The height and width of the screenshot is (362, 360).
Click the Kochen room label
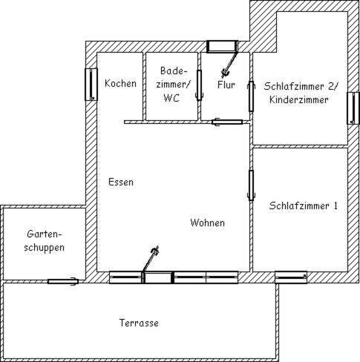point(120,83)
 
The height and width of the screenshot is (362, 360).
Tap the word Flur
point(226,85)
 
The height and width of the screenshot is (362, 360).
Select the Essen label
point(121,182)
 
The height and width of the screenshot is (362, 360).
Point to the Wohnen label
point(208,223)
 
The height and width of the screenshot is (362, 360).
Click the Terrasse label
point(139,323)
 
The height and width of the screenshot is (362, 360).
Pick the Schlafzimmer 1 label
point(303,205)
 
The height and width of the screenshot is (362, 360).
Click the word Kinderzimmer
point(299,100)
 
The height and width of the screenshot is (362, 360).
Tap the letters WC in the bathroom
point(171,98)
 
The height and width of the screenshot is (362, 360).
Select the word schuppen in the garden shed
point(45,248)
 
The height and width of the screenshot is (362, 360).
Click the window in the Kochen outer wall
point(91,85)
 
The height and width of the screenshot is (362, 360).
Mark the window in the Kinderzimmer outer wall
point(353,108)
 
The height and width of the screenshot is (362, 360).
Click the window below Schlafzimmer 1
point(291,277)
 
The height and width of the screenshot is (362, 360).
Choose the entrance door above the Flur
point(222,47)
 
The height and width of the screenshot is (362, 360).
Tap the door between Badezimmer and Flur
point(199,85)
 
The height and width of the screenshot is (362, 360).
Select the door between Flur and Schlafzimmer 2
point(251,96)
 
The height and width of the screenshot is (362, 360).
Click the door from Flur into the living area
point(227,122)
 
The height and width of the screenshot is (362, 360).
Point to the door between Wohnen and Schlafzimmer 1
point(251,185)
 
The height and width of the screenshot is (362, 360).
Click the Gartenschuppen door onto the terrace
point(63,281)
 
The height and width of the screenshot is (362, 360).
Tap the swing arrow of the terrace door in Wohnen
point(151,259)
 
